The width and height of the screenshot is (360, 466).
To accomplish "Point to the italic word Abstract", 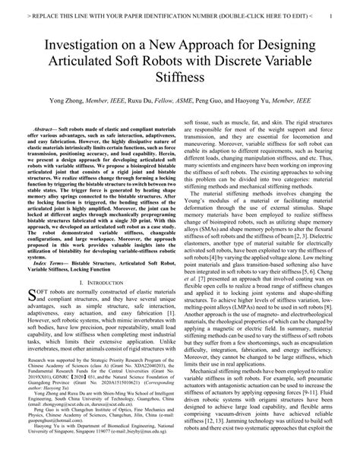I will pyautogui.click(x=46, y=132).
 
